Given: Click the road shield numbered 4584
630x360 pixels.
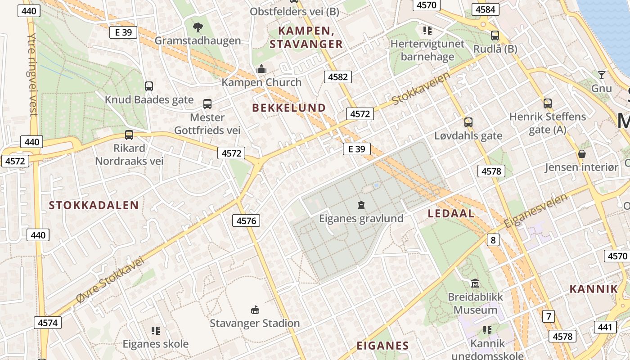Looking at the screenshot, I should pyautogui.click(x=486, y=9).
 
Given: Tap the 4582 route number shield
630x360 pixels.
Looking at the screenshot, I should pyautogui.click(x=337, y=77).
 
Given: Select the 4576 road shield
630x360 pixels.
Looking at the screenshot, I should pyautogui.click(x=246, y=220).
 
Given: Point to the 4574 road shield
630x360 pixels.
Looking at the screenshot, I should pyautogui.click(x=47, y=323).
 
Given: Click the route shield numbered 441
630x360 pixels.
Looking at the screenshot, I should pyautogui.click(x=605, y=327).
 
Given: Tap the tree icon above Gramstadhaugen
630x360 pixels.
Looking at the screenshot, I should pyautogui.click(x=198, y=28).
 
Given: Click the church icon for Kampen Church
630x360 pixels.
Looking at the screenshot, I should pyautogui.click(x=261, y=69).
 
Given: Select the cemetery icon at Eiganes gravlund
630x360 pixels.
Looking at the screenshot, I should pyautogui.click(x=361, y=206).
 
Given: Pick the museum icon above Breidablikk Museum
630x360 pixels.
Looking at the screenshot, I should pyautogui.click(x=475, y=283).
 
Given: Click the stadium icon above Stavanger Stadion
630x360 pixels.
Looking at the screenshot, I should pyautogui.click(x=255, y=310).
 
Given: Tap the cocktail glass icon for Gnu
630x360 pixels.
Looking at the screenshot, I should pyautogui.click(x=601, y=75).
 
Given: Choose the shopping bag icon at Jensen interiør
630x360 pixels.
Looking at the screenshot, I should pyautogui.click(x=581, y=154).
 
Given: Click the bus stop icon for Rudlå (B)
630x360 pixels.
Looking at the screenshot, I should pyautogui.click(x=495, y=36).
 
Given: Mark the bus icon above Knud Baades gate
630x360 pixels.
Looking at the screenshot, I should pyautogui.click(x=149, y=86).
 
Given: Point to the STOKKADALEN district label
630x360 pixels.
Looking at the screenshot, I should pyautogui.click(x=94, y=206).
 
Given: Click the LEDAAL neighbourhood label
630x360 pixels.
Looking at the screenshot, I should pyautogui.click(x=451, y=214).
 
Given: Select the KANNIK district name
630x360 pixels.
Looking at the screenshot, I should pyautogui.click(x=594, y=289).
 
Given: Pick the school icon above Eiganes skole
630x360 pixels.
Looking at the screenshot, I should pyautogui.click(x=156, y=331).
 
